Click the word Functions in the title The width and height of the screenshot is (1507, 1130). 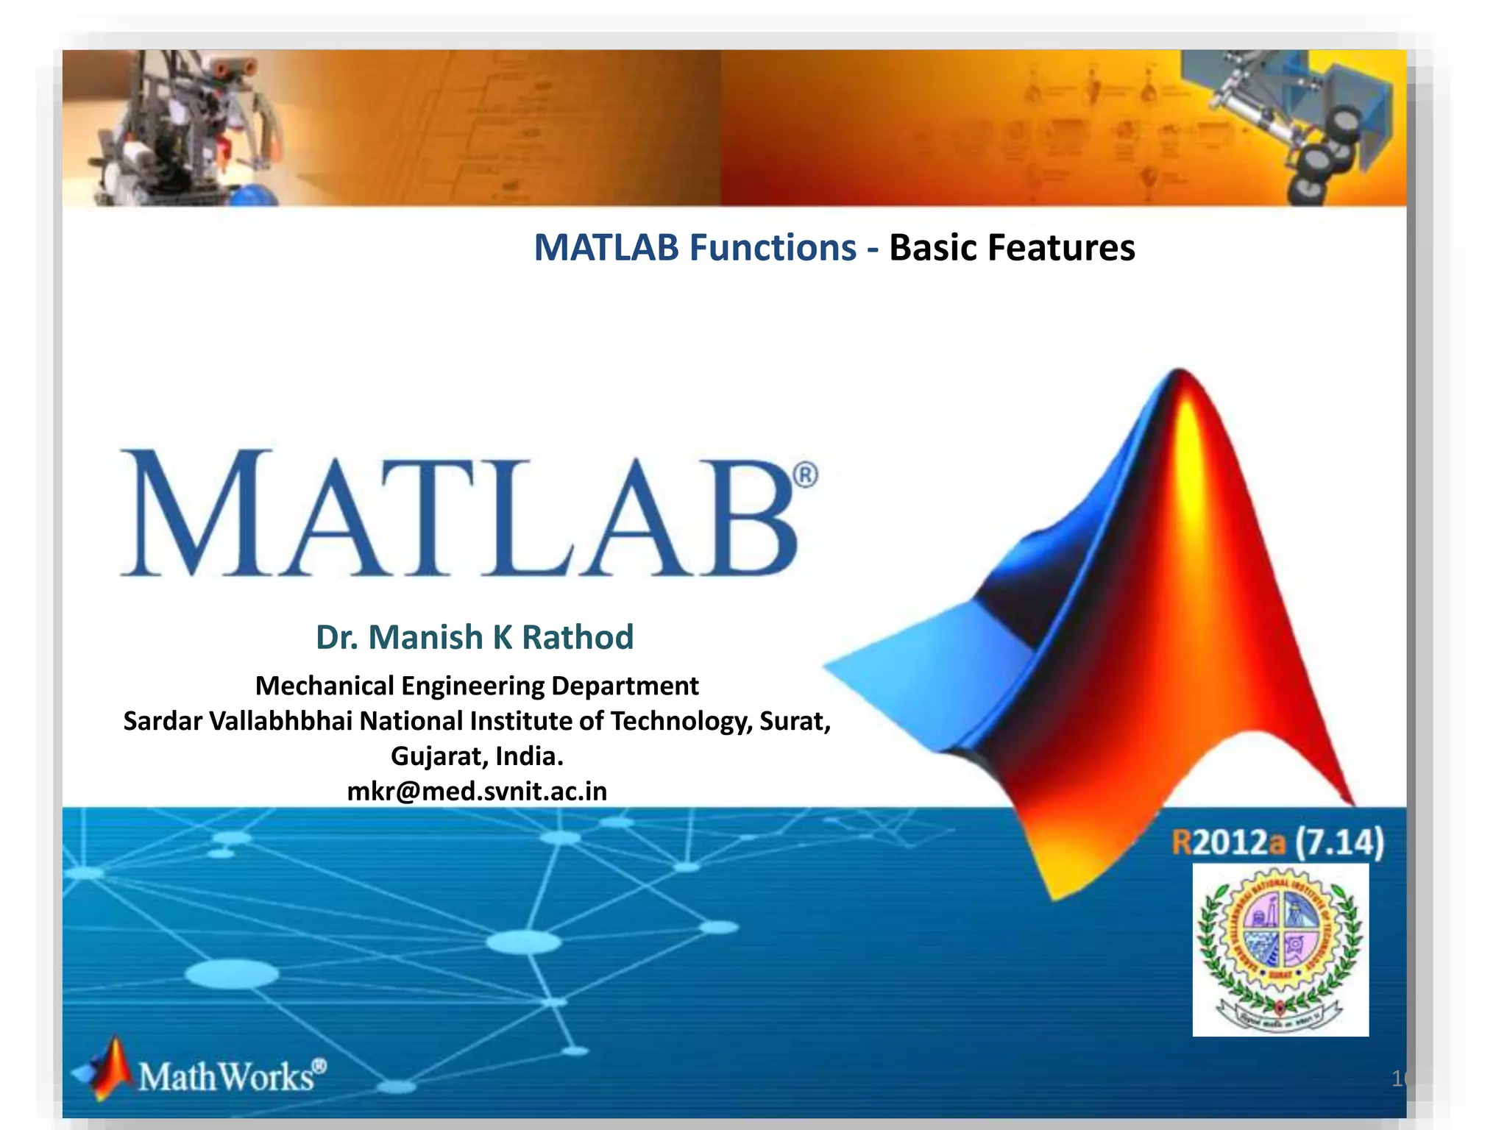pyautogui.click(x=773, y=248)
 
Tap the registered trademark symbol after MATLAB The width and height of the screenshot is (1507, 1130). pyautogui.click(x=806, y=475)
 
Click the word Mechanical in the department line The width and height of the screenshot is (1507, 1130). pyautogui.click(x=325, y=686)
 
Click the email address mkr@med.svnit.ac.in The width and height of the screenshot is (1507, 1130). pyautogui.click(x=477, y=792)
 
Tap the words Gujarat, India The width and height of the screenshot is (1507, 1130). pyautogui.click(x=477, y=756)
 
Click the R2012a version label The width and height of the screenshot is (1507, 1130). pyautogui.click(x=1228, y=842)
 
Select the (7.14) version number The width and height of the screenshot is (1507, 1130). pyautogui.click(x=1339, y=842)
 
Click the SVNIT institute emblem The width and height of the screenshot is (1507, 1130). pyautogui.click(x=1280, y=949)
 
